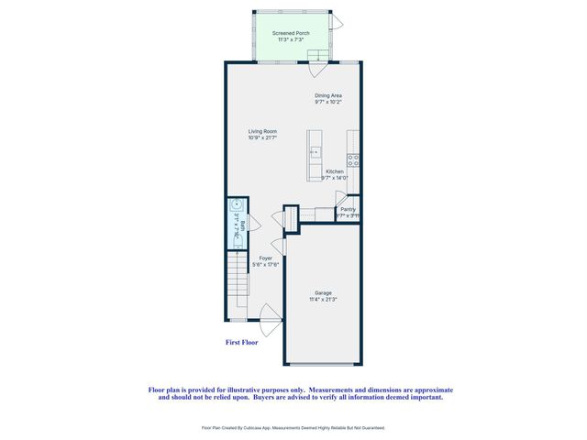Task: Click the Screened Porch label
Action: pos(291,33)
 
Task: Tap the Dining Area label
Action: pos(328,94)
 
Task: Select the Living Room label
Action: pos(262,131)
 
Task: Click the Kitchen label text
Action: pos(335,172)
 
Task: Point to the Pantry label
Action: pos(348,209)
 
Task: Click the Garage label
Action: pos(323,292)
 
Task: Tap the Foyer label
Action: pos(266,258)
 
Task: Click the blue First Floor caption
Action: pos(241,343)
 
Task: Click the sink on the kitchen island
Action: pos(314,151)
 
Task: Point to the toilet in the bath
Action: pos(236,206)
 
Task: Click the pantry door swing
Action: pos(340,197)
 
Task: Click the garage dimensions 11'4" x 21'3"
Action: pos(323,300)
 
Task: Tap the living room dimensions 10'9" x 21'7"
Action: pos(262,137)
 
